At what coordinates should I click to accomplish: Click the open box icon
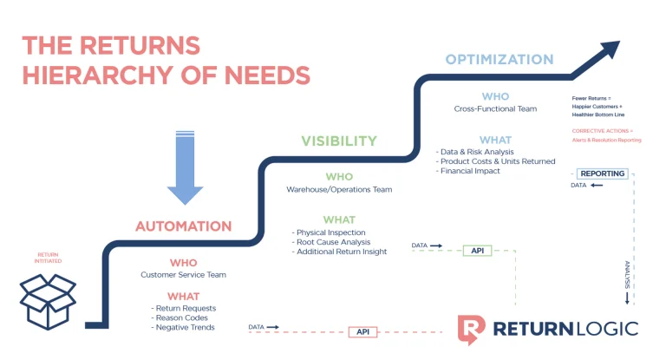point(49,299)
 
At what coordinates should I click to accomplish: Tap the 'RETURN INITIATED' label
point(46,259)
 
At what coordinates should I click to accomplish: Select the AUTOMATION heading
point(183,226)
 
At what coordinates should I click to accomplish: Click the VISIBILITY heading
point(339,141)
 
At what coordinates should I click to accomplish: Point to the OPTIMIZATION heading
point(499,60)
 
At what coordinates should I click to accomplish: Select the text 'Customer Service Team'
point(183,275)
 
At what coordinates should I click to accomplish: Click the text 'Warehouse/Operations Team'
point(339,189)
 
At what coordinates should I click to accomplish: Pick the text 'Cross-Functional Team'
point(495,109)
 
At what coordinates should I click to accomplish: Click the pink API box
point(363,331)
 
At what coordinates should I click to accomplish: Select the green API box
point(477,250)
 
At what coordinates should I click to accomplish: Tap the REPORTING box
point(602,173)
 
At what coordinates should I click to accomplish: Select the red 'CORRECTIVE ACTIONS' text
point(596,131)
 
